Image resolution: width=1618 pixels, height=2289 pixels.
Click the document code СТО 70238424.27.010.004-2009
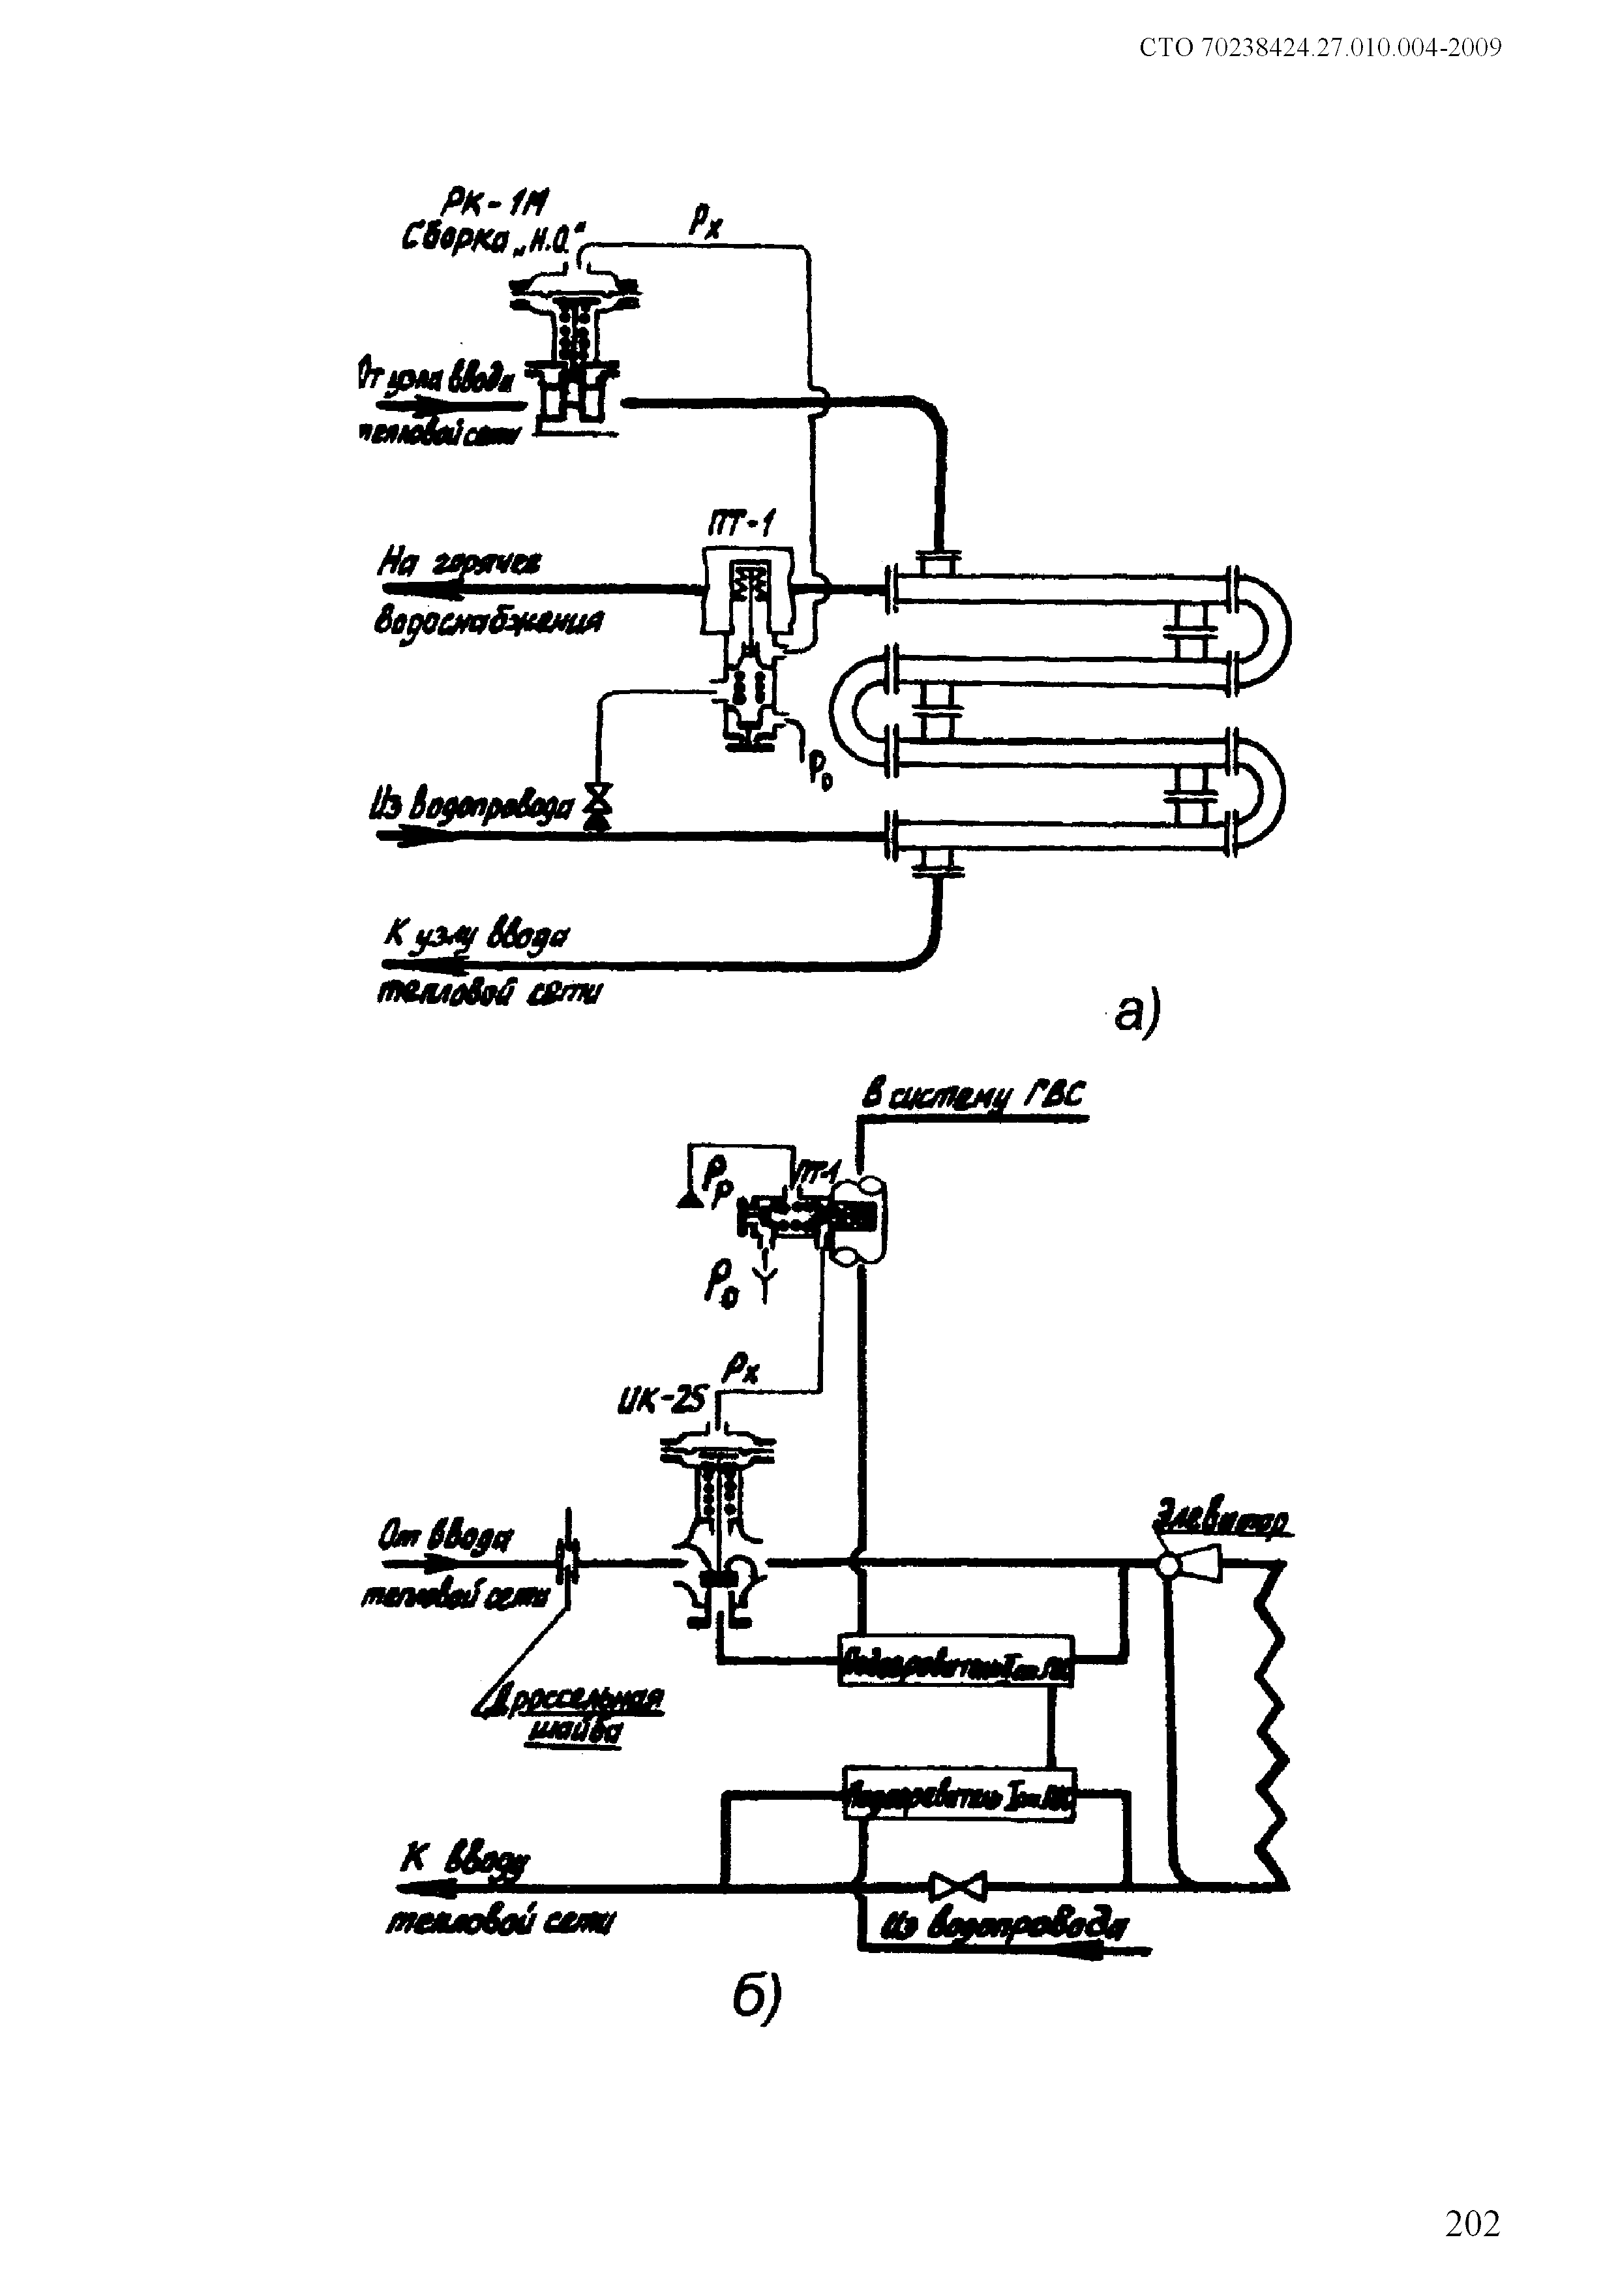(x=1320, y=48)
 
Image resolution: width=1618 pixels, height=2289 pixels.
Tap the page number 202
(x=1471, y=2224)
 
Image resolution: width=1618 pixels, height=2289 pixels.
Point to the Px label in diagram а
(x=705, y=221)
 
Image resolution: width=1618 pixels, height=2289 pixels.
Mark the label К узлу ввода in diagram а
(x=477, y=938)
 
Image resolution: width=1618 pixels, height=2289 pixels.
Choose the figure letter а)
(x=1137, y=1013)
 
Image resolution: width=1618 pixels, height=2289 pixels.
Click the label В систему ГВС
(x=974, y=1097)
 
